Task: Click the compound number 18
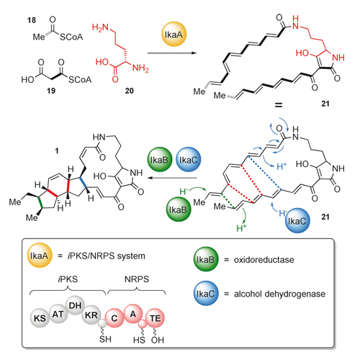32,20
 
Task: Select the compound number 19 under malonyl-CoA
51,91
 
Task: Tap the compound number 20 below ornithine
130,91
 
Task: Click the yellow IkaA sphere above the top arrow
174,34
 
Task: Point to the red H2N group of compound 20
100,27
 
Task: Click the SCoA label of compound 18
71,37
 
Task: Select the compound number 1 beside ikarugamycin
57,150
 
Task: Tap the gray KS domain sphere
40,318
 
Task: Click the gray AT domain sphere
58,314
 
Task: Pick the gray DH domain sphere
75,305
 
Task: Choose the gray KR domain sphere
91,315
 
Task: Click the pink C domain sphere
114,318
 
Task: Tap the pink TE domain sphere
155,318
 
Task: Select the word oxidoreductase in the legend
264,260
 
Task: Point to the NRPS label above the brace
137,279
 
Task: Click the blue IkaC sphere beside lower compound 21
297,220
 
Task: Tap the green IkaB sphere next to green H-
178,210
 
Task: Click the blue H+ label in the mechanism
282,166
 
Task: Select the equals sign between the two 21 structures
279,104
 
